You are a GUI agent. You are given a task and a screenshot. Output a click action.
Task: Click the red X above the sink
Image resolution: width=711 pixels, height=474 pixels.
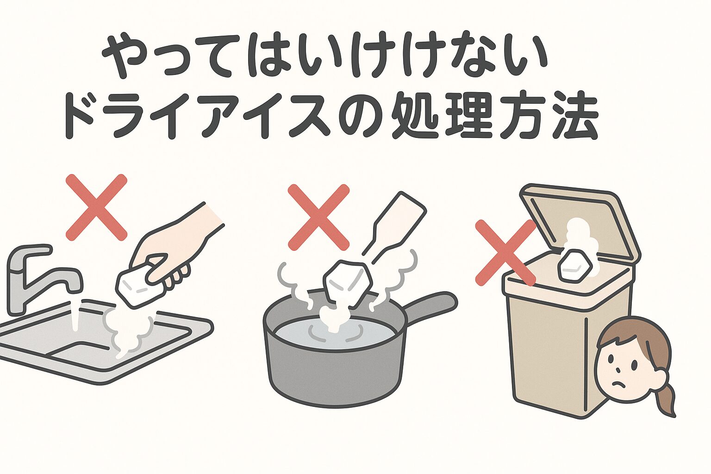tap(96, 207)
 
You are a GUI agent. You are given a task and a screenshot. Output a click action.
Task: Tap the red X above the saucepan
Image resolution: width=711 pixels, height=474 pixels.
tap(318, 217)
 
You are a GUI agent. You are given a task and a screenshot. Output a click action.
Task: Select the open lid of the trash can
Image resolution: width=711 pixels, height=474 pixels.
tap(579, 218)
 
